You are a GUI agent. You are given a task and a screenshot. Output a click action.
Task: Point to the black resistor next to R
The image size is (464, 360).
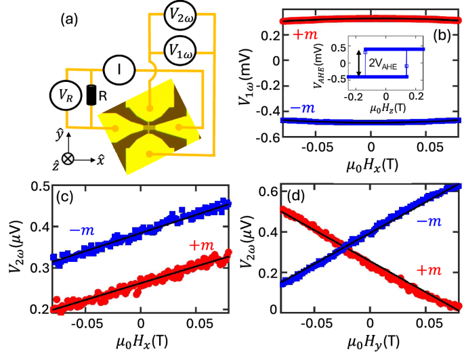click(x=91, y=95)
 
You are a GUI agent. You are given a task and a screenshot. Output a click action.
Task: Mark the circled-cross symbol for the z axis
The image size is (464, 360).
click(x=68, y=162)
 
